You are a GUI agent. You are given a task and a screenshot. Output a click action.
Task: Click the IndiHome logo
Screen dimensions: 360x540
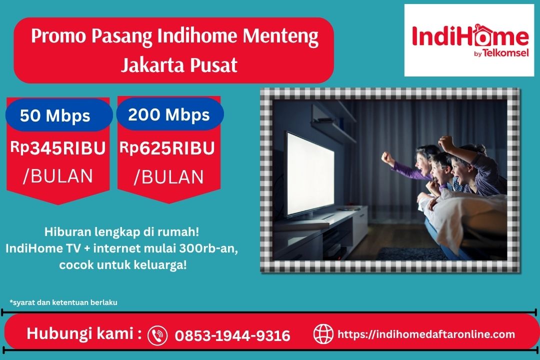(470, 40)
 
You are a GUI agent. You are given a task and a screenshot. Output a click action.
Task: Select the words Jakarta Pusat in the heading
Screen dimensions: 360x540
(178, 65)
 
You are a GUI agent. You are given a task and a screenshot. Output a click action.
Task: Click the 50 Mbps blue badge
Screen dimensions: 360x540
(55, 116)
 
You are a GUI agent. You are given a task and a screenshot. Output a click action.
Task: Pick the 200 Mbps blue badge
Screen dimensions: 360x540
(169, 115)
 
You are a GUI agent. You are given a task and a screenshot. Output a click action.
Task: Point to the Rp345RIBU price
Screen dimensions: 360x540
(58, 148)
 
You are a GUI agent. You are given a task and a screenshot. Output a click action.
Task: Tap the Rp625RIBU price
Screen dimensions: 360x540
(167, 148)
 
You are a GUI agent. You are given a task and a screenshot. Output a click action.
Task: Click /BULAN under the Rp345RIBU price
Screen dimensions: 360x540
(58, 176)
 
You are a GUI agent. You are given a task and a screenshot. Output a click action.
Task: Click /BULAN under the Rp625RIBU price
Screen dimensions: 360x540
(168, 177)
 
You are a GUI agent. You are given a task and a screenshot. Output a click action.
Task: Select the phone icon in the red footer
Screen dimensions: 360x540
(157, 335)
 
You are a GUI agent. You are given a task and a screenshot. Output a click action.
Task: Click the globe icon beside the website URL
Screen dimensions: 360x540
(323, 334)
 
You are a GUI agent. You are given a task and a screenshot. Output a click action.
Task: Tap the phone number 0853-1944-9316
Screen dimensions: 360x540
(232, 335)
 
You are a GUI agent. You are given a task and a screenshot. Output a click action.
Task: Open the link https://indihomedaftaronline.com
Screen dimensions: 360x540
(426, 334)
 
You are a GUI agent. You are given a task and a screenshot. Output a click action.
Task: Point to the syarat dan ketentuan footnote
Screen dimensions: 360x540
(63, 302)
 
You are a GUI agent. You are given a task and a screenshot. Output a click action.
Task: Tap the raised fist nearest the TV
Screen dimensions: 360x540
(387, 158)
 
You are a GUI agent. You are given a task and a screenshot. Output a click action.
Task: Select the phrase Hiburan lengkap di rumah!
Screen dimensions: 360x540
(122, 232)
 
